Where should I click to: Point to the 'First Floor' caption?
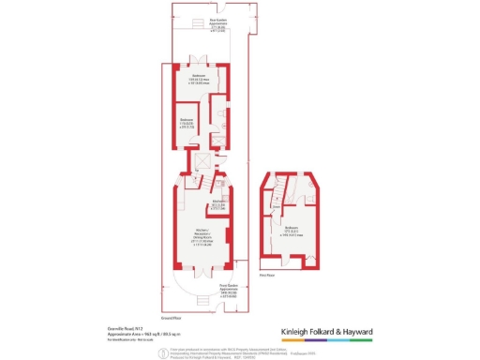pos(265,276)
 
